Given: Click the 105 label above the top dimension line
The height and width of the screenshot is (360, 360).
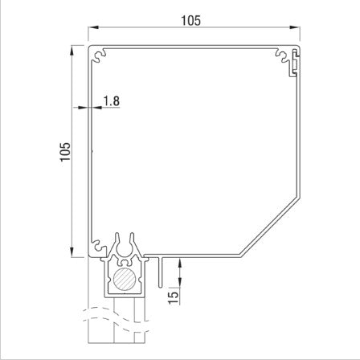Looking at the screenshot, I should (191, 22).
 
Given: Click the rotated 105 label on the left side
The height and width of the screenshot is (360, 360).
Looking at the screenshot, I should (65, 153).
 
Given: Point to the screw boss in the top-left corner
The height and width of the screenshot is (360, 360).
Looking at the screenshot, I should (99, 55).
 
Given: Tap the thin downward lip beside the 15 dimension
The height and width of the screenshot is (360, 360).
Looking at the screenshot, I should (161, 273).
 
